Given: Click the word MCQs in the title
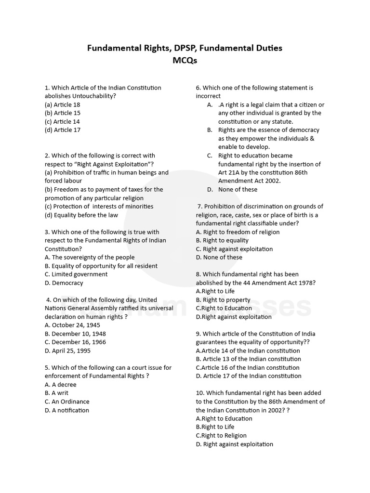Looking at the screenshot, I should [x=185, y=61].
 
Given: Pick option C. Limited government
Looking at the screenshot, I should [x=76, y=274].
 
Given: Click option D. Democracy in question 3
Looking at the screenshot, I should [x=64, y=283].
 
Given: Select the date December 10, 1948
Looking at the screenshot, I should [x=75, y=334].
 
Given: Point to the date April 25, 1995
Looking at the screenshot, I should [x=68, y=350].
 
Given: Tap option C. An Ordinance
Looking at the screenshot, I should [x=67, y=402].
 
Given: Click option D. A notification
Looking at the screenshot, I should [x=67, y=410].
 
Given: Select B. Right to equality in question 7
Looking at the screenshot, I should [x=222, y=240].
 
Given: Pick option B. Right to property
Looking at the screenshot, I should [x=223, y=300].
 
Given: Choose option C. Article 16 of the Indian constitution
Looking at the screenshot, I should [x=248, y=367].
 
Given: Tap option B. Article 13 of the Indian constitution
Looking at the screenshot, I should [x=248, y=359].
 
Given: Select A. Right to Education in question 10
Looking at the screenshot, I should [x=224, y=418].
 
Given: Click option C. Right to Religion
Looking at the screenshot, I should [x=221, y=436].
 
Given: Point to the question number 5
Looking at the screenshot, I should [x=47, y=368].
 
